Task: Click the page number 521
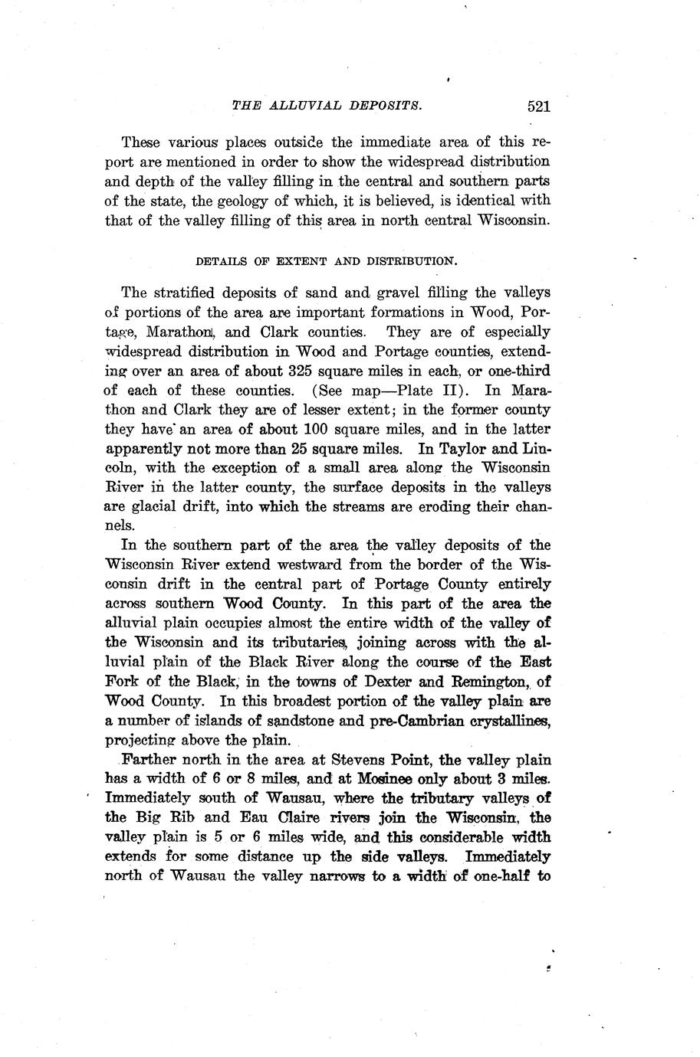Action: [539, 106]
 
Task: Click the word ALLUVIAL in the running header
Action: [298, 106]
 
